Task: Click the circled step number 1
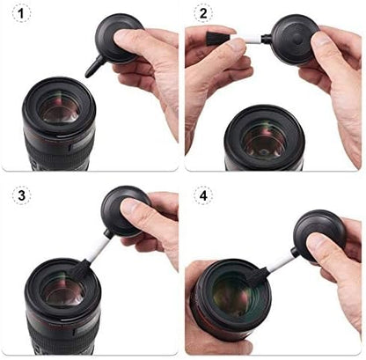(19, 16)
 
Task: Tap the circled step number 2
(203, 16)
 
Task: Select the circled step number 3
(19, 198)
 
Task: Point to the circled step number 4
(203, 198)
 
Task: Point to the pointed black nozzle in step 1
(91, 64)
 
